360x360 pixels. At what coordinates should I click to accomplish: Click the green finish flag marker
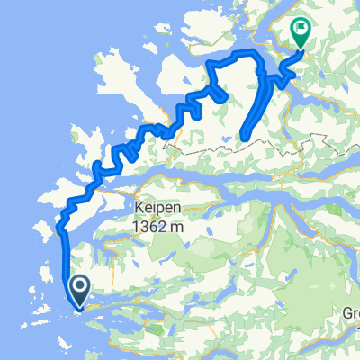301,33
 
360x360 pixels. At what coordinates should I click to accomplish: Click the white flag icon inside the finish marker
301,31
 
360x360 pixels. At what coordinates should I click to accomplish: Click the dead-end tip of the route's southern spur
243,138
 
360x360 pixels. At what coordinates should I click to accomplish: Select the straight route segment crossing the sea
64,261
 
